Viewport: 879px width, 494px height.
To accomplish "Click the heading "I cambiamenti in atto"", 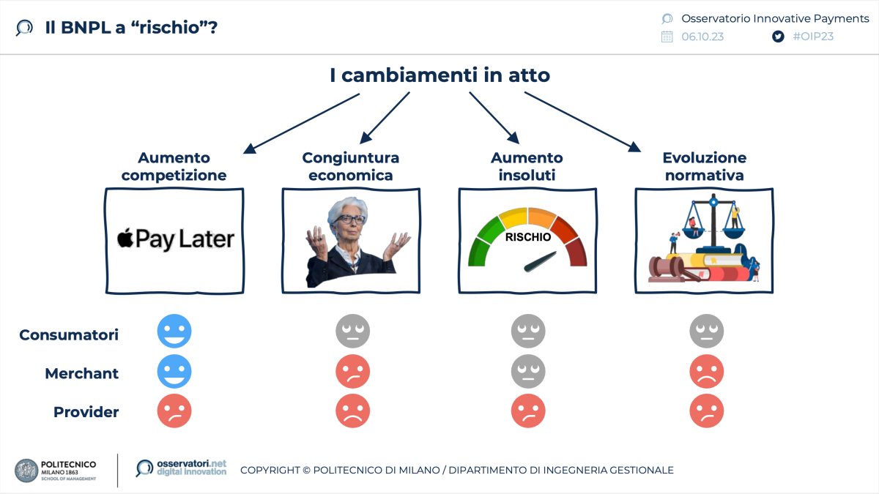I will point(439,75).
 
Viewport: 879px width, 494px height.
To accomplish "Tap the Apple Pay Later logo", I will point(175,239).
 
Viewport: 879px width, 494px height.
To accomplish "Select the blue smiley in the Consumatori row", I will point(174,332).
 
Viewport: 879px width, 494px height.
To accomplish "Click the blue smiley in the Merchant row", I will point(174,373).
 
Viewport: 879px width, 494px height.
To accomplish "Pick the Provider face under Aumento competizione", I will point(174,411).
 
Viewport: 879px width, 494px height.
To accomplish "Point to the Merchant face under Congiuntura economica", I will point(352,373).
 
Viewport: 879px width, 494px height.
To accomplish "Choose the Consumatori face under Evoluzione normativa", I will point(706,332).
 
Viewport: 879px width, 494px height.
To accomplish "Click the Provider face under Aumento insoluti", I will point(528,411).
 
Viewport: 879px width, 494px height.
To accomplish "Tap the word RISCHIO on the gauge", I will point(527,237).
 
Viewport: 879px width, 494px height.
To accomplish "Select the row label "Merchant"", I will point(81,373).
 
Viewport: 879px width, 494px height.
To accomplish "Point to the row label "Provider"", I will point(86,412).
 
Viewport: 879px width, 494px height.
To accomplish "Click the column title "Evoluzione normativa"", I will point(704,166).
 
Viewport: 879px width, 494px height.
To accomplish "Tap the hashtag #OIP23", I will point(813,37).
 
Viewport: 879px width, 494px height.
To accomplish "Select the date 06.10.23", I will point(702,37).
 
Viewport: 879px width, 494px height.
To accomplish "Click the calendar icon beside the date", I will point(667,37).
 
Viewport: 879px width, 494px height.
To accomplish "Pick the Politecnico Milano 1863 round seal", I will point(26,470).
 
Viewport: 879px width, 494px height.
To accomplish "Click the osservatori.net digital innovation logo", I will point(181,468).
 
